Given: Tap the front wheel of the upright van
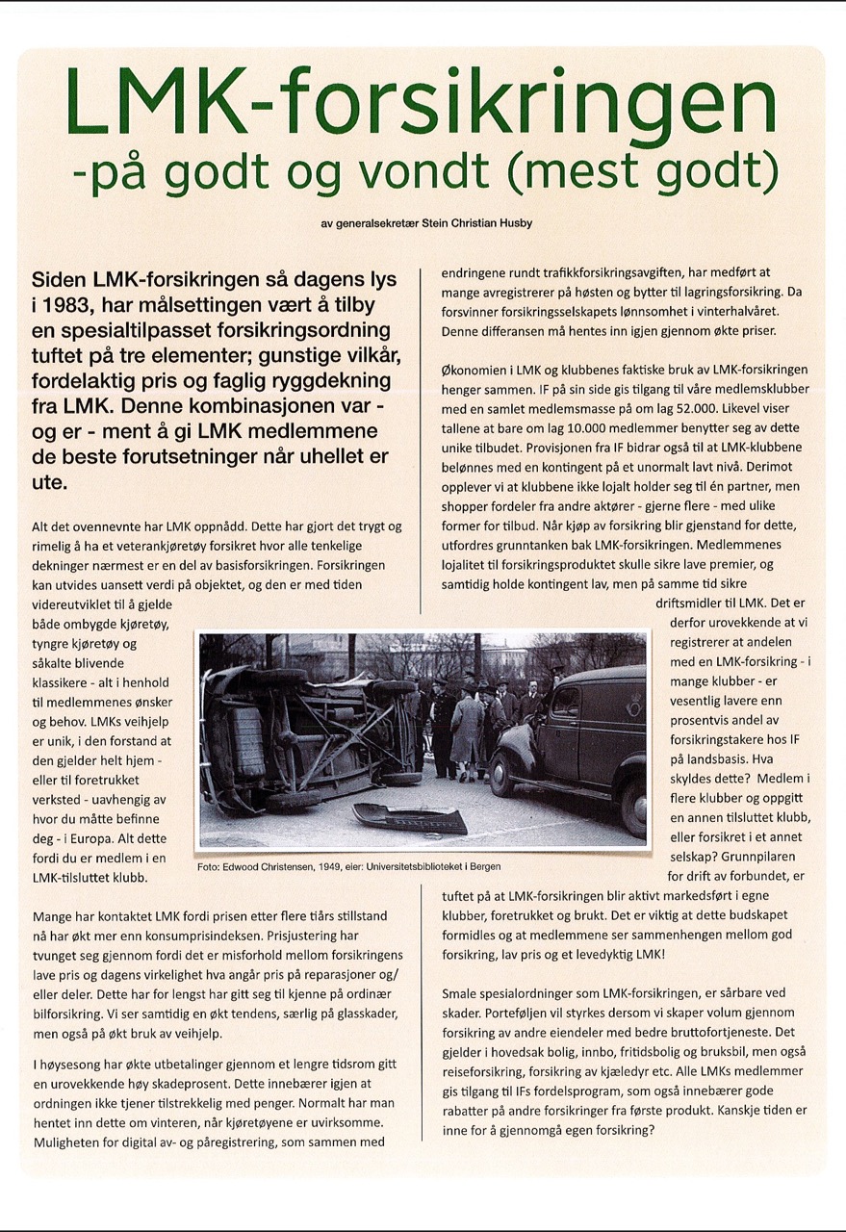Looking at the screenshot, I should pyautogui.click(x=503, y=773).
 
